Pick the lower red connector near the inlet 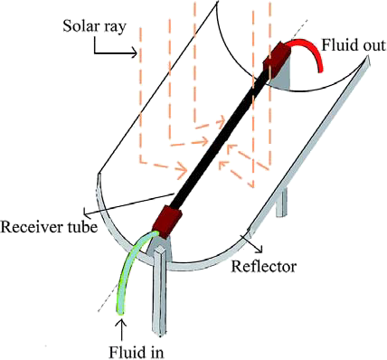166,223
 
